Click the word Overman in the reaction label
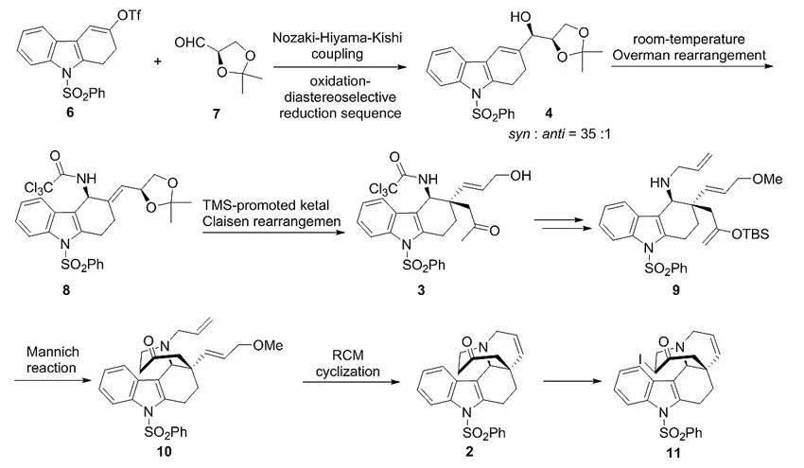tap(656, 60)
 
